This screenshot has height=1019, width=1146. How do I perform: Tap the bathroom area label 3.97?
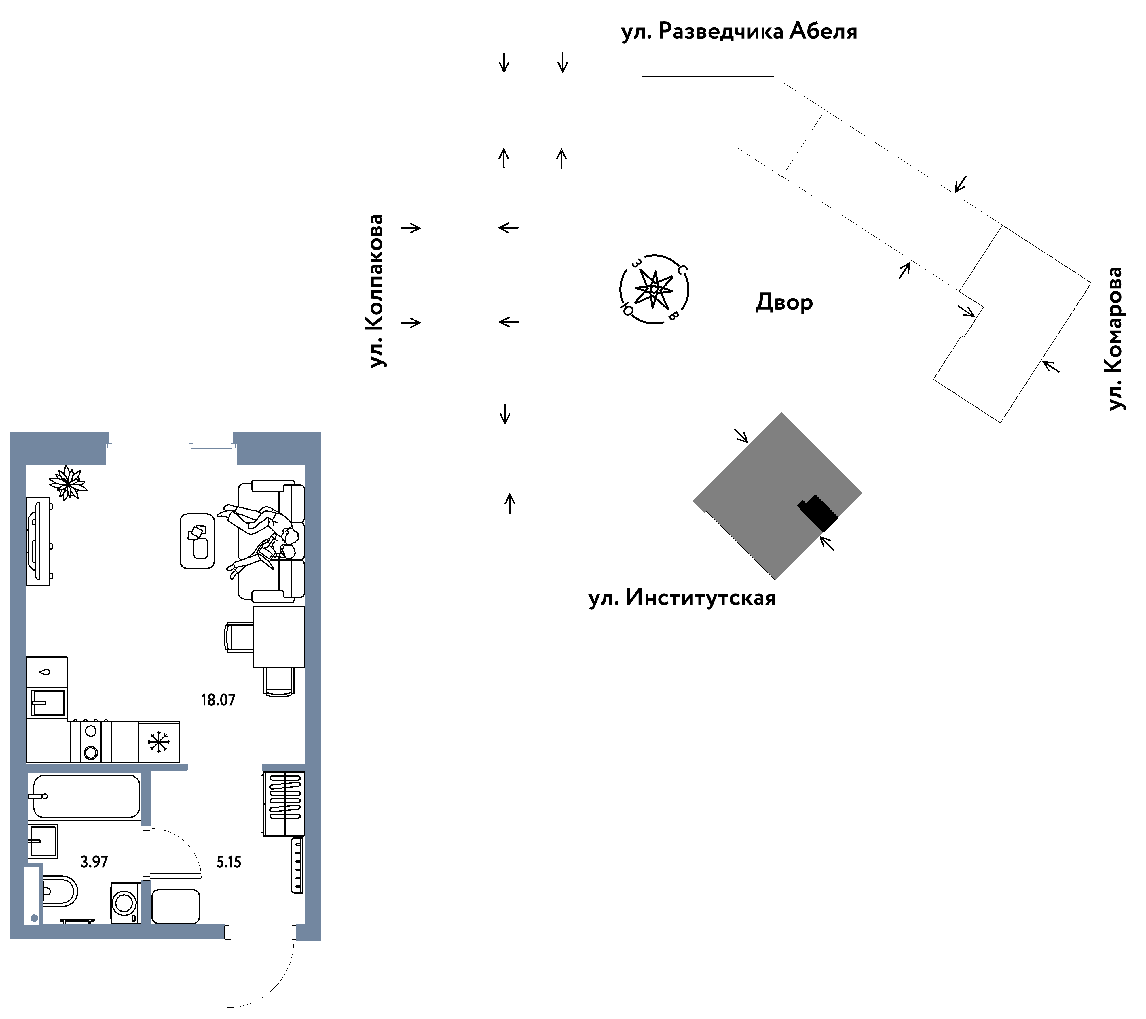tap(94, 862)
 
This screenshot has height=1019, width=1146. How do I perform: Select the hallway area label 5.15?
tap(229, 862)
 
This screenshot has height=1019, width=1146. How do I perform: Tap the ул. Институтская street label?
tap(682, 598)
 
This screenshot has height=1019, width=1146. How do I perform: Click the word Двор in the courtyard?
tap(784, 303)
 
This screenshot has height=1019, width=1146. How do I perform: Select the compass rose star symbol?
tap(654, 289)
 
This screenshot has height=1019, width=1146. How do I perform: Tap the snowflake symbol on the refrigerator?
tap(159, 742)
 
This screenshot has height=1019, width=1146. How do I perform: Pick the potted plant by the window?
tap(68, 483)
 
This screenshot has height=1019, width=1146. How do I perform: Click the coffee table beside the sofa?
tap(197, 541)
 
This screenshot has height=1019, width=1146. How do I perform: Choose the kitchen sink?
tap(48, 703)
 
